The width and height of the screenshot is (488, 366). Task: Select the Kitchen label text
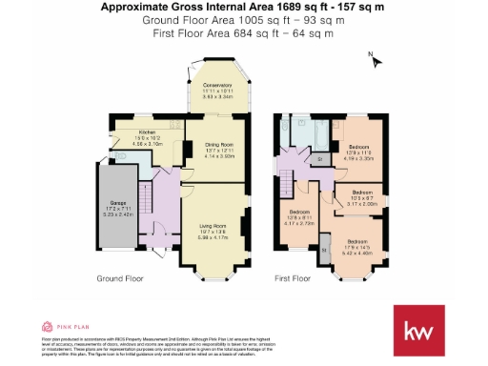(147, 133)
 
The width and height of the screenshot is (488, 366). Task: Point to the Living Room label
(217, 226)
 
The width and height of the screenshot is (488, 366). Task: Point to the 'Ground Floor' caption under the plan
(120, 279)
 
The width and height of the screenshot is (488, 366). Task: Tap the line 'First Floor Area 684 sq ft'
(243, 32)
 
